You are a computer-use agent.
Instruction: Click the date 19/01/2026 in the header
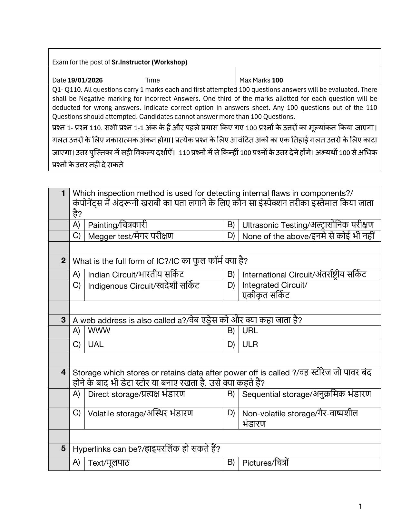(85, 80)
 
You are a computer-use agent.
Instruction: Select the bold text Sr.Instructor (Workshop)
(149, 62)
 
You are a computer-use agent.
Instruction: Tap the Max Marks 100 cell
(261, 80)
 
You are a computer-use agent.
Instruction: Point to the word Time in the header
(152, 80)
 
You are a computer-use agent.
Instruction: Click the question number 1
(64, 193)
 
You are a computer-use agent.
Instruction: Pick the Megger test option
(130, 236)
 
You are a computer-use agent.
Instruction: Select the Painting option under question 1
(117, 225)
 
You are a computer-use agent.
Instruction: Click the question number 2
(64, 261)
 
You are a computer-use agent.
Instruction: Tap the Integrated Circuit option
(274, 285)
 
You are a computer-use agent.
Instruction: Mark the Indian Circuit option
(136, 275)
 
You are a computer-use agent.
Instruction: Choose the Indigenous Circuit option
(143, 286)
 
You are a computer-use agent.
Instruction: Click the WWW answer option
(99, 331)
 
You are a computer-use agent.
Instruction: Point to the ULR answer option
(250, 344)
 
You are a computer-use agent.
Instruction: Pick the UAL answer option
(96, 344)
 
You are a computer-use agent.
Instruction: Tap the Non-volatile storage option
(299, 414)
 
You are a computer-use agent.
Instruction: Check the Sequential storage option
(306, 394)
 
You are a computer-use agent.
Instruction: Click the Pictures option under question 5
(265, 463)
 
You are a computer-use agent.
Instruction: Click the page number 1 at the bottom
(360, 507)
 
